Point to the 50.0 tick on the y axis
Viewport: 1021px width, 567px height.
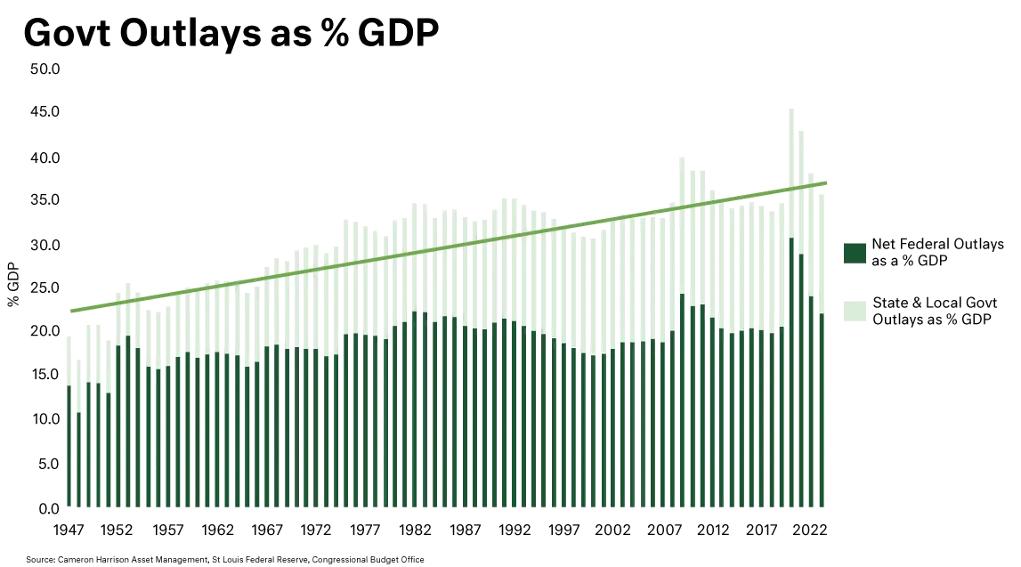tap(45, 69)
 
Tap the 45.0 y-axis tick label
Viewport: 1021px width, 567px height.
tap(45, 112)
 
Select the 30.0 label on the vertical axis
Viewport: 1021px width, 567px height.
tap(45, 245)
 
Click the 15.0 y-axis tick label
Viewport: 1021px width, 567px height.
tap(45, 376)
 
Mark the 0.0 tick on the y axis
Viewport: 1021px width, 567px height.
tap(48, 508)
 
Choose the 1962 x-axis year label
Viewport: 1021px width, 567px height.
tap(217, 530)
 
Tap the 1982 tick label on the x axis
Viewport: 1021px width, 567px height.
tap(416, 530)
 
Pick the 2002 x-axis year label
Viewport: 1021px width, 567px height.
tap(613, 530)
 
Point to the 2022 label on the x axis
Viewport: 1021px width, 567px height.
tap(810, 530)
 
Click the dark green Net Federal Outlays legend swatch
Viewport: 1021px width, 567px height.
tap(852, 252)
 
